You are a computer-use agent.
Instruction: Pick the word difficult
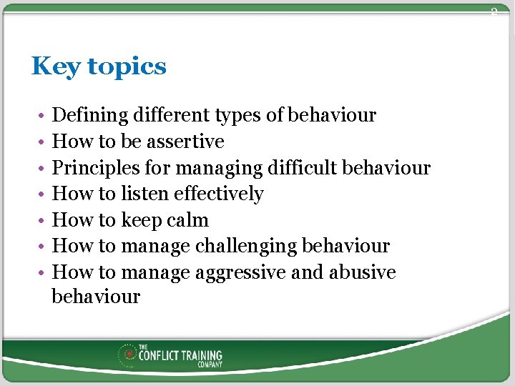pos(303,168)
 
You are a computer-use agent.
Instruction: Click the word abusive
pos(363,272)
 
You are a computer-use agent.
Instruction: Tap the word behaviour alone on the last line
pos(96,297)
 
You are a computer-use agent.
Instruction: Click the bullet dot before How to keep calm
pos(43,221)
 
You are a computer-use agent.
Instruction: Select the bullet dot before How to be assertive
pos(43,142)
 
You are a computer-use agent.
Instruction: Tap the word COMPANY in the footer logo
pos(210,365)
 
